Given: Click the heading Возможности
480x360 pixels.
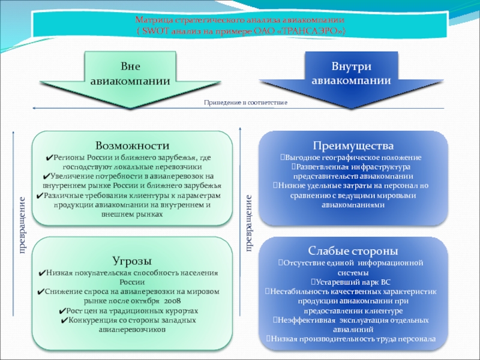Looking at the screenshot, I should pyautogui.click(x=132, y=146).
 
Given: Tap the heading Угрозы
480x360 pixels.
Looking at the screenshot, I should pyautogui.click(x=131, y=261).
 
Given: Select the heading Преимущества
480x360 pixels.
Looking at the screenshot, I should pyautogui.click(x=353, y=146).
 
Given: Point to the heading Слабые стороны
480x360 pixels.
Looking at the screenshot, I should pyautogui.click(x=353, y=251).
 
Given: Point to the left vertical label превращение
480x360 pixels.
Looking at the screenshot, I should pyautogui.click(x=22, y=224).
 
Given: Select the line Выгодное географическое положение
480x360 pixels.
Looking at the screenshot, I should pyautogui.click(x=353, y=157).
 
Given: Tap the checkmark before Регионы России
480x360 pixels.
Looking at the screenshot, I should pyautogui.click(x=48, y=158).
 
